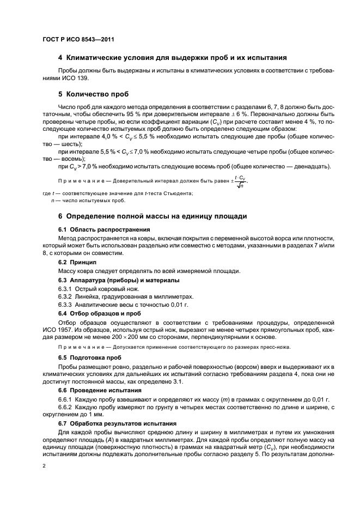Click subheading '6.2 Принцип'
(77, 263)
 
